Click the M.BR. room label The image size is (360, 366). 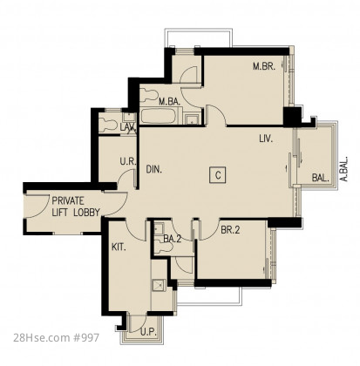pyautogui.click(x=263, y=66)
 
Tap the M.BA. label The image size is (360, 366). pyautogui.click(x=169, y=102)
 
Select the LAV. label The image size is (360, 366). pyautogui.click(x=128, y=127)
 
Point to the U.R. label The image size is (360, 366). pyautogui.click(x=128, y=161)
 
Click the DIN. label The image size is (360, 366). pyautogui.click(x=153, y=169)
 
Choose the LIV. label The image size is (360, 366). pyautogui.click(x=266, y=139)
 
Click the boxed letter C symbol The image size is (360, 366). pyautogui.click(x=218, y=175)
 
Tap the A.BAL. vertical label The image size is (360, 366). pyautogui.click(x=344, y=170)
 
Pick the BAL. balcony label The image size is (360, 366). pyautogui.click(x=320, y=178)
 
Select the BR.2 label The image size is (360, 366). pyautogui.click(x=230, y=230)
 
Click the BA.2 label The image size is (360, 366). pyautogui.click(x=173, y=239)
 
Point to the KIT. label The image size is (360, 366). pyautogui.click(x=119, y=247)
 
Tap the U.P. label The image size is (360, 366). pyautogui.click(x=148, y=332)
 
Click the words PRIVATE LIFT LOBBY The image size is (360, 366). pyautogui.click(x=76, y=207)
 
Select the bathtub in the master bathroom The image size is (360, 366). pyautogui.click(x=159, y=116)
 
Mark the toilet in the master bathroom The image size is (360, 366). pyautogui.click(x=148, y=95)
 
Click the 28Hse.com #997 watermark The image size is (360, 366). pyautogui.click(x=56, y=337)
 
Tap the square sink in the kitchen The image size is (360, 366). pyautogui.click(x=159, y=286)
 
